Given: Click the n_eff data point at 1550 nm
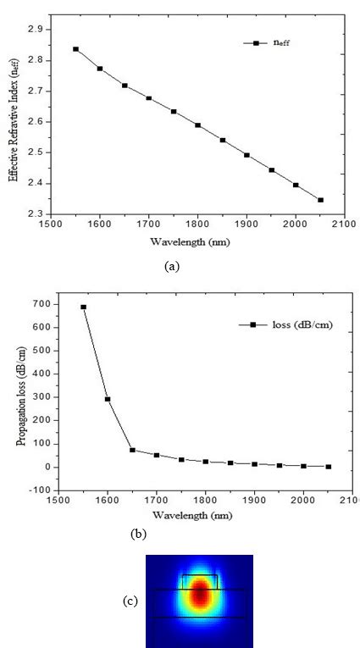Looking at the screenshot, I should click(x=75, y=49).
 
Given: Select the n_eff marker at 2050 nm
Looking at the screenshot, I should click(x=320, y=200).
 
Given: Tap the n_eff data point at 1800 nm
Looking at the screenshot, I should click(x=197, y=125).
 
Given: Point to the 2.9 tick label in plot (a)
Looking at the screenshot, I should click(x=33, y=29).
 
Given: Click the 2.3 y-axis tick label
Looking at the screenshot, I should click(x=33, y=214).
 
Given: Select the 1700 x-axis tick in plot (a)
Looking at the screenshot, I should click(x=148, y=225).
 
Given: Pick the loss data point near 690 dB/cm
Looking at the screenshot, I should click(x=83, y=307).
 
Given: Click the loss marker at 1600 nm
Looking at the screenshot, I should click(x=108, y=399).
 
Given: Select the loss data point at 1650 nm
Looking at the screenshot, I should click(x=132, y=450).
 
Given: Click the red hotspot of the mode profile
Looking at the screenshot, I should click(x=200, y=595).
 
